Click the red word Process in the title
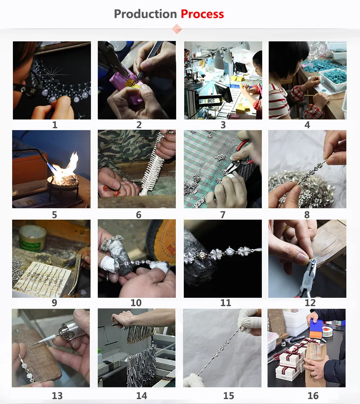[x=202, y=14]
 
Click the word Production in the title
[x=146, y=14]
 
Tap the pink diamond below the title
[x=177, y=29]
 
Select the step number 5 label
[x=54, y=215]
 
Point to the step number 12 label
[x=310, y=303]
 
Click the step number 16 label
[x=313, y=396]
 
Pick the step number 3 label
[x=223, y=125]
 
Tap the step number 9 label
[x=54, y=303]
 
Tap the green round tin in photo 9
[x=33, y=237]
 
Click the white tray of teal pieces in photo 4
[x=332, y=79]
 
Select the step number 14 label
[x=141, y=396]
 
